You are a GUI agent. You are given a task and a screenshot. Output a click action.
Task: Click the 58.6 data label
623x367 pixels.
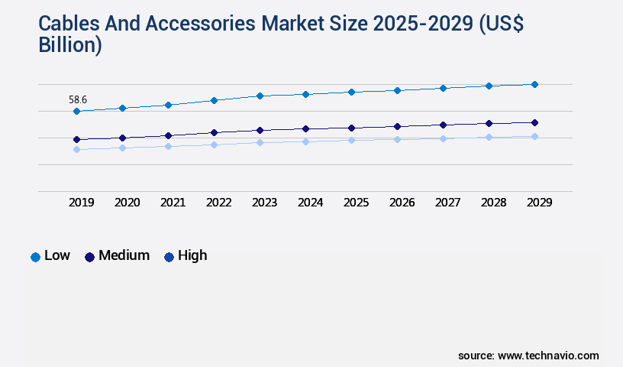click(x=77, y=99)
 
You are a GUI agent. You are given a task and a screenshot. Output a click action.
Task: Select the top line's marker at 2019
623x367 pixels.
click(x=76, y=112)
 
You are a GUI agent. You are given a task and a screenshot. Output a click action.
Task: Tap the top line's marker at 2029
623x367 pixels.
click(x=534, y=84)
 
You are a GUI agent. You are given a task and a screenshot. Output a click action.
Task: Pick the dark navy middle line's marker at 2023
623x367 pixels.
click(x=260, y=130)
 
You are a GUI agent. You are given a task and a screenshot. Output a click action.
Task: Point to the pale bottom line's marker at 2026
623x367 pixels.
click(x=397, y=139)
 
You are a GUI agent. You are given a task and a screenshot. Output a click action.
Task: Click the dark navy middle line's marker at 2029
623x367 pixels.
click(x=534, y=122)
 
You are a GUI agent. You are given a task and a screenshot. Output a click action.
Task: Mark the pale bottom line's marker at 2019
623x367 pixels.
click(x=76, y=149)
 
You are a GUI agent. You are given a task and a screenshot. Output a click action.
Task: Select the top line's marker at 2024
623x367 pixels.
click(x=305, y=94)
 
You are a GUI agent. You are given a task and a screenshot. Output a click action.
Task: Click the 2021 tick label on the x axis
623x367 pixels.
click(x=173, y=203)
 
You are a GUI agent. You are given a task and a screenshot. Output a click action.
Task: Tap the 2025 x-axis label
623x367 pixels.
click(x=356, y=203)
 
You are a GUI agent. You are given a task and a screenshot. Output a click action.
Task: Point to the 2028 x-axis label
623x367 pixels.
click(x=493, y=203)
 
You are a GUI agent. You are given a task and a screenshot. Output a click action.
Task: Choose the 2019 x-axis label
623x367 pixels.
click(x=81, y=203)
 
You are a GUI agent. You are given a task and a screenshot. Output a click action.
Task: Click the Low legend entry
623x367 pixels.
click(x=50, y=256)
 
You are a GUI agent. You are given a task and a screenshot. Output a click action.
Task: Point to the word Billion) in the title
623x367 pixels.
click(x=70, y=45)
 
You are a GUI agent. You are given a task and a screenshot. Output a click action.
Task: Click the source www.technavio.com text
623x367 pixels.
click(x=528, y=356)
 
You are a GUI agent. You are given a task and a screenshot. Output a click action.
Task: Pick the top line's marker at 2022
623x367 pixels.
click(x=214, y=100)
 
